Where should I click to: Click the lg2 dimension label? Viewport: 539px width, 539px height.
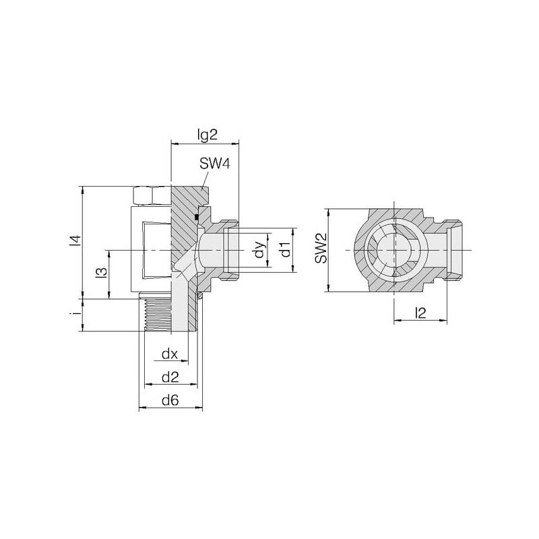coord(208,135)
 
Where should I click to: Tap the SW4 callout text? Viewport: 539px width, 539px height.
coord(214,164)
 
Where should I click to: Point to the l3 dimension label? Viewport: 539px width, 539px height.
coord(102,272)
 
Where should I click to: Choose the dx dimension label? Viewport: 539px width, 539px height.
coord(170,354)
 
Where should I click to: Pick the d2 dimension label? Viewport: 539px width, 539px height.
coord(170,377)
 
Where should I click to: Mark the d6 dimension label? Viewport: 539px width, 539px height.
coord(170,400)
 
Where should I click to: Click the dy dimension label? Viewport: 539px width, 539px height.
coord(260,250)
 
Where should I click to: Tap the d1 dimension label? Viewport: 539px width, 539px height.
coord(286,250)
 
